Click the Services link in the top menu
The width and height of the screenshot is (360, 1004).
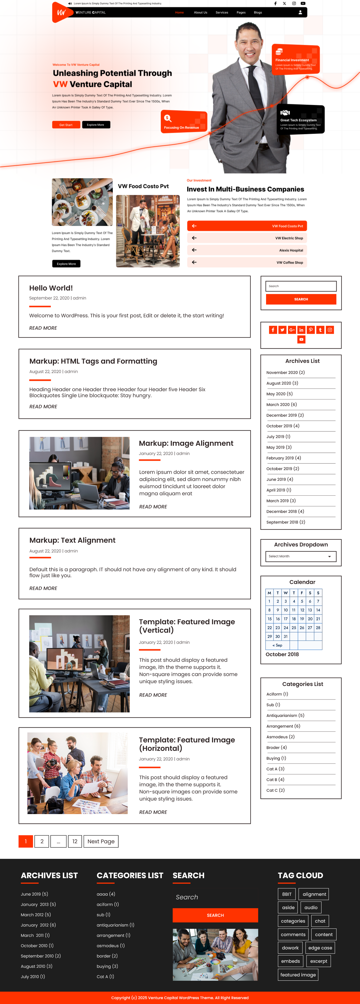(x=222, y=12)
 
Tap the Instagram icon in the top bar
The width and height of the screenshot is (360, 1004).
(x=294, y=3)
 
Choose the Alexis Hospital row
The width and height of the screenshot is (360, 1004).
(x=247, y=250)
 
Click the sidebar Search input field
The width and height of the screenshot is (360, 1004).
(x=301, y=286)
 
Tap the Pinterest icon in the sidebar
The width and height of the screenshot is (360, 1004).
(x=310, y=330)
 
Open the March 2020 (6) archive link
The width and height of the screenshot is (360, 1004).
(x=281, y=404)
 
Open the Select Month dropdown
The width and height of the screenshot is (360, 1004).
(x=301, y=556)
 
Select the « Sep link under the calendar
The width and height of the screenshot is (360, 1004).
(x=277, y=645)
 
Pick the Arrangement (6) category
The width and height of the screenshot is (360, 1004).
(x=283, y=726)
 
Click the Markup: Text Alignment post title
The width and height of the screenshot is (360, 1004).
(x=72, y=540)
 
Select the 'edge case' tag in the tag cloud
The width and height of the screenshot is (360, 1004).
(x=320, y=948)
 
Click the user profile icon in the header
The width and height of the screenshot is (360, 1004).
(x=300, y=12)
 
